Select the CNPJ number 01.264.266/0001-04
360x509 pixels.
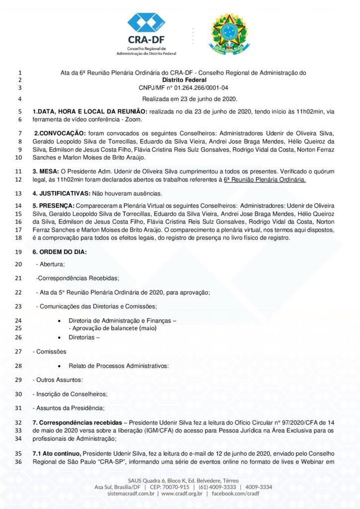click(200, 87)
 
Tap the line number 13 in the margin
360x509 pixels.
click(18, 193)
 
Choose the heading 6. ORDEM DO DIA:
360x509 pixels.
click(60, 252)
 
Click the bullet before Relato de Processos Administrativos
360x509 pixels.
click(59, 366)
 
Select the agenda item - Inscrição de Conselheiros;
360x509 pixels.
click(70, 394)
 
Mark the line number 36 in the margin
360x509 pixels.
click(18, 462)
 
